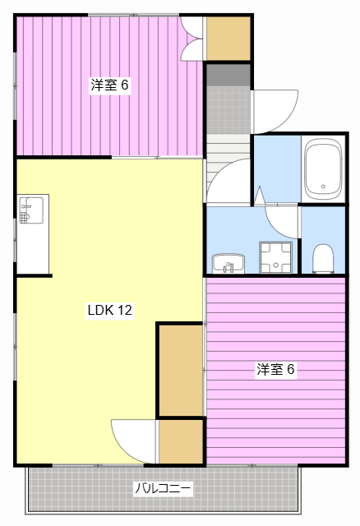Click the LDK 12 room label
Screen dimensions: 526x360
click(x=109, y=311)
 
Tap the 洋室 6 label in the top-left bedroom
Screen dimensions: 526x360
click(x=109, y=84)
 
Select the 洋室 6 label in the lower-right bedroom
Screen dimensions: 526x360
click(x=275, y=369)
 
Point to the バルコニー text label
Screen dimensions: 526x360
click(x=164, y=489)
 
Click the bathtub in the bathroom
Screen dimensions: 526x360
click(x=322, y=168)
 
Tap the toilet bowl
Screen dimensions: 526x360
click(x=323, y=257)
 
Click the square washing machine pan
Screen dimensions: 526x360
click(x=275, y=256)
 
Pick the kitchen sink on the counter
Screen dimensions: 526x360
click(x=30, y=210)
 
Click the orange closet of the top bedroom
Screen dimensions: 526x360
click(x=228, y=38)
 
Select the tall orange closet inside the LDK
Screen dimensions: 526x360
click(x=180, y=371)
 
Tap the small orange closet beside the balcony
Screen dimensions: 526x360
click(x=180, y=441)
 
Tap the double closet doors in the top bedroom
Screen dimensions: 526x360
click(x=193, y=39)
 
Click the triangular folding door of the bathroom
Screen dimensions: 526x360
click(x=260, y=196)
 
